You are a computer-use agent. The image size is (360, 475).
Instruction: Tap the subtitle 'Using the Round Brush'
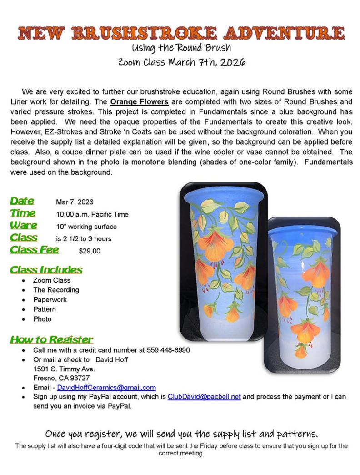181,48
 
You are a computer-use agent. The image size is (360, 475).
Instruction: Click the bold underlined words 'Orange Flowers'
139,102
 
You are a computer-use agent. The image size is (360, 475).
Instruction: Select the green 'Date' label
22,201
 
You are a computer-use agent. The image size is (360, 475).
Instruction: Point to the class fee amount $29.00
90,251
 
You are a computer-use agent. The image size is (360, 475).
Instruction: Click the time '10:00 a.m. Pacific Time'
92,214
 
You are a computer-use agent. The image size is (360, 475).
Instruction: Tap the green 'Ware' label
24,226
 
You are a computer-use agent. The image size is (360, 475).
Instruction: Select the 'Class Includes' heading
46,270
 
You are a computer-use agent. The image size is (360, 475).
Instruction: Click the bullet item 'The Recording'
56,290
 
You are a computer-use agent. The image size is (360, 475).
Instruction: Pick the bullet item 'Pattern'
45,309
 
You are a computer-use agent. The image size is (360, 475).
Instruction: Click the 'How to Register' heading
51,339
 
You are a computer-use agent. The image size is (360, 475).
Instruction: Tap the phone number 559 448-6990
168,350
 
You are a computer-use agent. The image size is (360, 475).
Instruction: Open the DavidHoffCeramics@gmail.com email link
106,388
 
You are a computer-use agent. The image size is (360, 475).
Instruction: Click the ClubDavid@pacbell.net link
204,397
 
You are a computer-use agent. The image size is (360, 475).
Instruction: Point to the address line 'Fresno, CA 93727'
61,378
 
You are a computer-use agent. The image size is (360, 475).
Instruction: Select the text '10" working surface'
86,227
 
